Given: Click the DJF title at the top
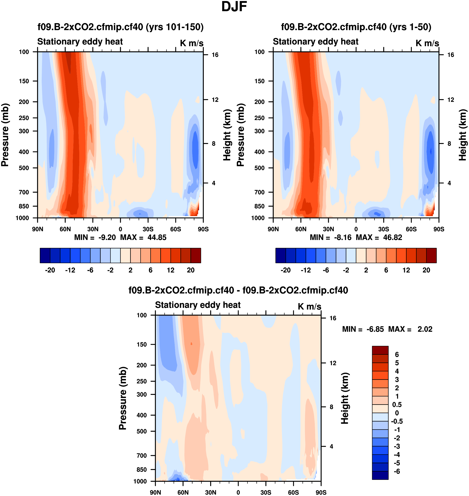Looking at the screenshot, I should [x=234, y=7].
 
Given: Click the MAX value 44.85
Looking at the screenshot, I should [x=157, y=237].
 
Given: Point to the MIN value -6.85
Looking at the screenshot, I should [x=375, y=329].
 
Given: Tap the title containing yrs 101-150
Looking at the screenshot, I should [x=121, y=27].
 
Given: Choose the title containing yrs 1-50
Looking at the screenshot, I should [x=356, y=27].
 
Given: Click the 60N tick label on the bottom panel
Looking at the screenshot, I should [x=183, y=492].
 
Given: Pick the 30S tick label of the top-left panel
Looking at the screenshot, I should [x=148, y=229].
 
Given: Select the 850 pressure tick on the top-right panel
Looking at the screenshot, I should [x=259, y=206].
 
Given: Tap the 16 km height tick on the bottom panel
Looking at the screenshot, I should [x=333, y=318].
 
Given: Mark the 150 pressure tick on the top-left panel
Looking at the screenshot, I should [x=24, y=81].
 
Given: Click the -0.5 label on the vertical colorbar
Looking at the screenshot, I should [x=397, y=422].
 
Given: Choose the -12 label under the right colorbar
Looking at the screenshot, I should [x=306, y=270].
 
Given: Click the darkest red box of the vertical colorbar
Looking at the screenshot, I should [x=380, y=350].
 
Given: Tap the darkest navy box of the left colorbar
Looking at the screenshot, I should [x=45, y=255].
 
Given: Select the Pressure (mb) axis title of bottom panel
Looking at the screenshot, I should [x=122, y=398].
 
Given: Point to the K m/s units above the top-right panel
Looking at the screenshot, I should [x=427, y=43].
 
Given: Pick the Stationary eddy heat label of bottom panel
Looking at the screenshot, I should [x=198, y=305].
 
